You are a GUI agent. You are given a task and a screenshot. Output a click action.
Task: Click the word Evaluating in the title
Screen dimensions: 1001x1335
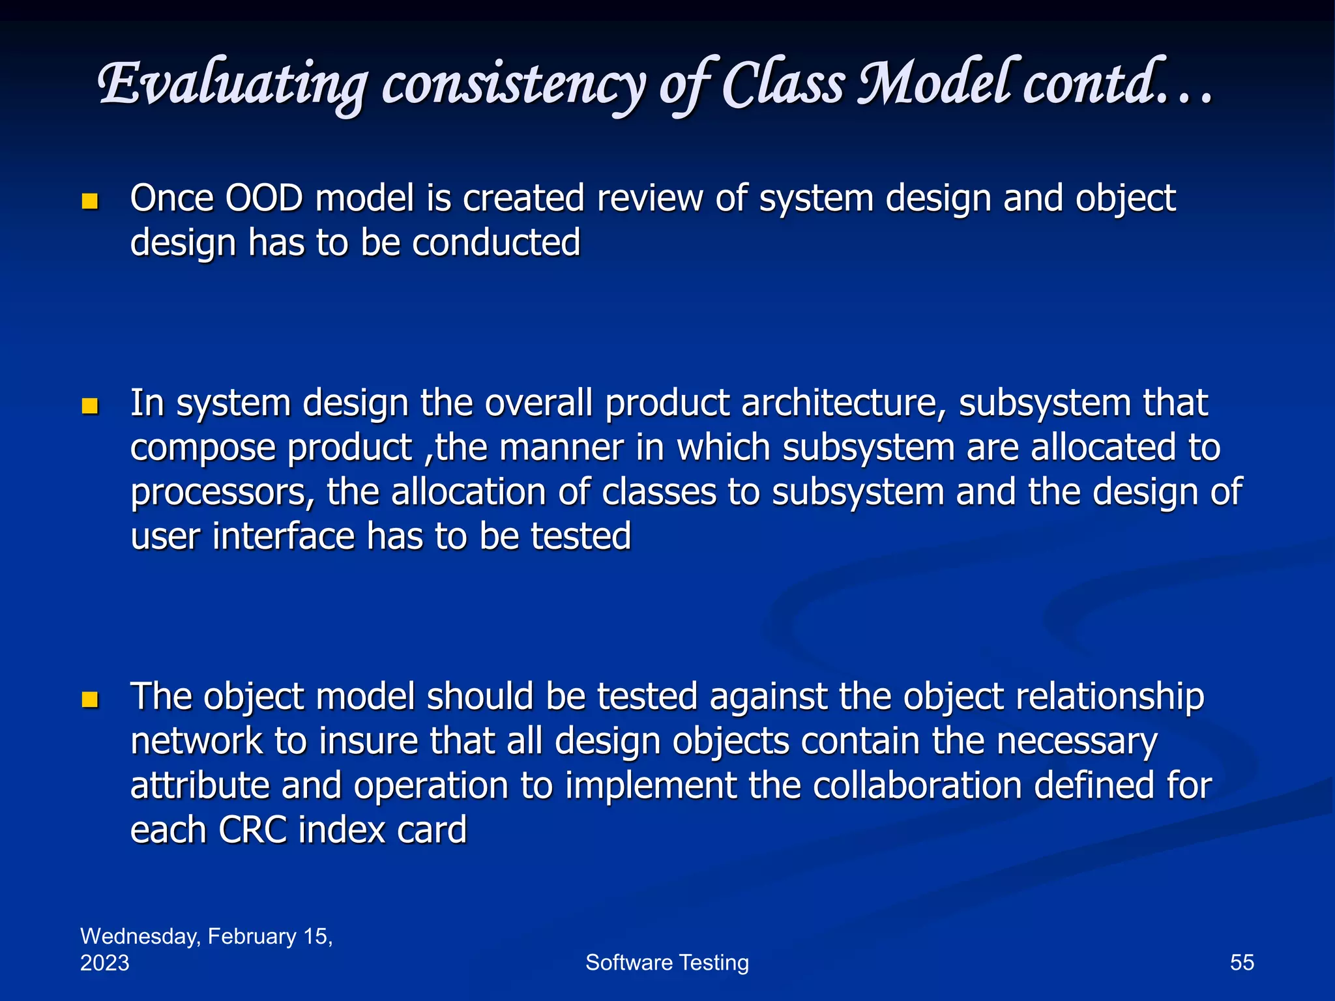(x=231, y=85)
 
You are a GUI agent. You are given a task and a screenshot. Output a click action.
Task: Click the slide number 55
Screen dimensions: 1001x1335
(x=1242, y=963)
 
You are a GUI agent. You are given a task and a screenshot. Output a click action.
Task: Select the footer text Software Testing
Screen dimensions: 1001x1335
(x=667, y=963)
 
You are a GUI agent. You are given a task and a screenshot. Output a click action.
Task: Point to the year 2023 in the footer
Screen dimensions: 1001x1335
(x=104, y=963)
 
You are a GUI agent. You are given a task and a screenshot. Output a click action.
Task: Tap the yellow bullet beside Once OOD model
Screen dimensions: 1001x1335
(x=90, y=201)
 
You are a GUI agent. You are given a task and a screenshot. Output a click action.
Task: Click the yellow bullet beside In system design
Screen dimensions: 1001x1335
(x=90, y=407)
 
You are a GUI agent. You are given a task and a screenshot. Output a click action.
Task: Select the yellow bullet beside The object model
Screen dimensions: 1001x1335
(x=90, y=701)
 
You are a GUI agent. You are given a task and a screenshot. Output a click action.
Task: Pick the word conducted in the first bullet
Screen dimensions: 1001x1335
(x=496, y=243)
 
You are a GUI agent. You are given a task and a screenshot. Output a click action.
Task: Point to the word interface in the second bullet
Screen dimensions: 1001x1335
(x=284, y=537)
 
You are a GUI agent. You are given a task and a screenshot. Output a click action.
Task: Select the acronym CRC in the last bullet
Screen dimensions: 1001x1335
(x=252, y=830)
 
